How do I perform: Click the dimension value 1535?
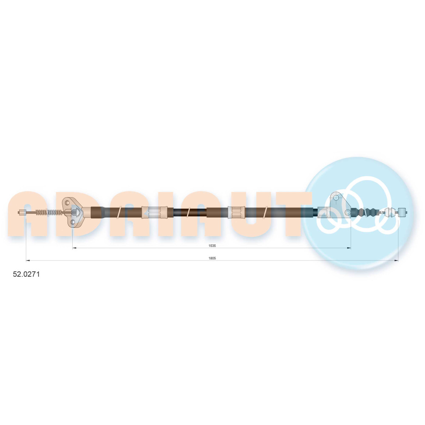point(212,246)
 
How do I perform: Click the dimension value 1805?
point(212,258)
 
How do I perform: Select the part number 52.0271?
point(26,274)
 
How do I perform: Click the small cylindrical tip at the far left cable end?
point(22,212)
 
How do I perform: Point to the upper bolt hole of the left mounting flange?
point(67,202)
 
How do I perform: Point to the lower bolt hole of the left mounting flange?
point(73,222)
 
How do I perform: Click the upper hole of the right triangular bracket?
point(336,198)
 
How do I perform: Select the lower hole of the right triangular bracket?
point(348,212)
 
